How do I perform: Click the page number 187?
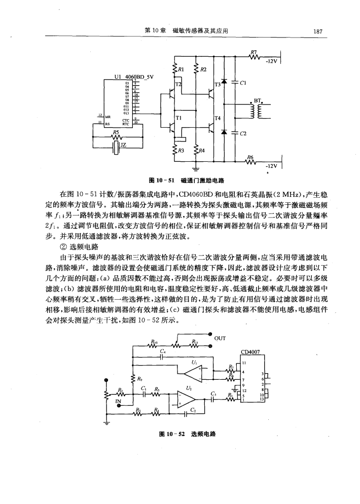(318, 31)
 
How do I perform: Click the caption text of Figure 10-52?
(187, 435)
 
